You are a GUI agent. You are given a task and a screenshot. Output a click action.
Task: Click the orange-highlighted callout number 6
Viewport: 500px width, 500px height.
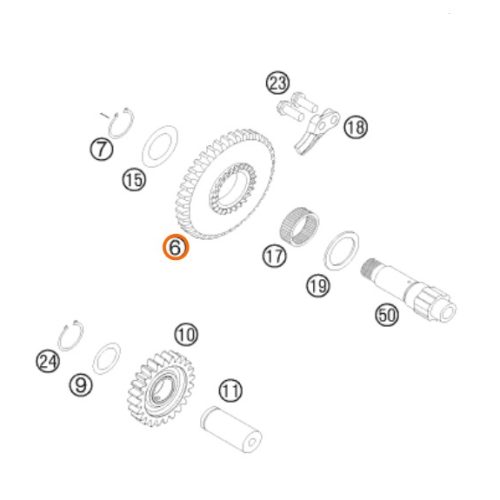[x=176, y=247]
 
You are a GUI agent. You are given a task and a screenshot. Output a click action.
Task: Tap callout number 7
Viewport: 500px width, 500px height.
[x=102, y=149]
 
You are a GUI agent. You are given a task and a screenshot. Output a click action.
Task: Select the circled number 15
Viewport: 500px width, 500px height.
[x=134, y=180]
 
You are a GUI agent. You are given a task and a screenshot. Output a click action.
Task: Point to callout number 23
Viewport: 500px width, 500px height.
[x=278, y=83]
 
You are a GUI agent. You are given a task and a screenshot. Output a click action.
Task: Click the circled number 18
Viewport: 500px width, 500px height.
[x=356, y=127]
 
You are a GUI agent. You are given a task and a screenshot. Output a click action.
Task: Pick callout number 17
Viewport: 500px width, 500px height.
[x=275, y=256]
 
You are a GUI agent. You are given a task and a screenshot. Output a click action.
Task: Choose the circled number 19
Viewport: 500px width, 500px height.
[x=318, y=285]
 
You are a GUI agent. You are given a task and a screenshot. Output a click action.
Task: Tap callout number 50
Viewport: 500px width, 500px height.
[x=387, y=315]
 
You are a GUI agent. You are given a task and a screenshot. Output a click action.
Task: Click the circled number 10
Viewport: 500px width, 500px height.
[x=186, y=335]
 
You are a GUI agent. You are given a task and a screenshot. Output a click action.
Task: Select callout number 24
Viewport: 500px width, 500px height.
[x=48, y=362]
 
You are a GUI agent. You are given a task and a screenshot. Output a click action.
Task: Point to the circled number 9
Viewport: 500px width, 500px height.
[x=80, y=385]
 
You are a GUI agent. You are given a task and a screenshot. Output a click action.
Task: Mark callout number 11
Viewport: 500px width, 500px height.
[x=231, y=390]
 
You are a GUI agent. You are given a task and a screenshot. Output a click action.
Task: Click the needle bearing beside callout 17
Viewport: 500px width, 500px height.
[x=299, y=226]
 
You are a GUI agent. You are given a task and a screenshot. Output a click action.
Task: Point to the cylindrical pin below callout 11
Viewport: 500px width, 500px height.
[x=231, y=429]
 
